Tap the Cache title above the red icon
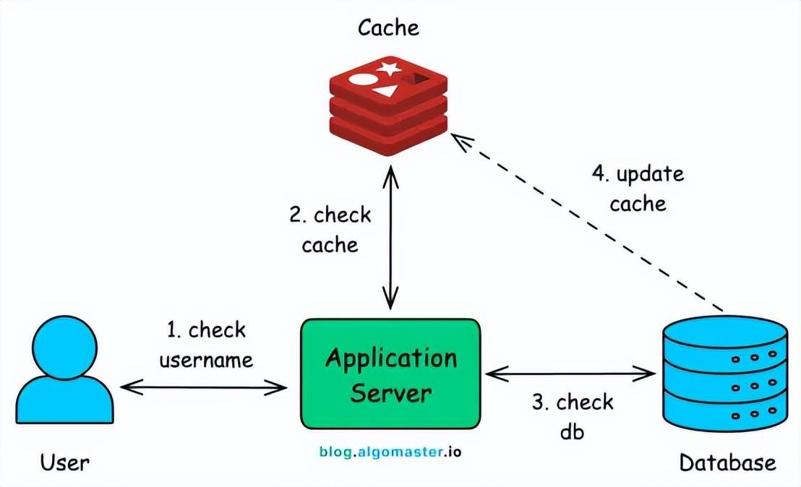(388, 28)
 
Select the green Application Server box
(390, 374)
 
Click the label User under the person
(65, 462)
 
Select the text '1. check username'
(206, 345)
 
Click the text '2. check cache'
(330, 230)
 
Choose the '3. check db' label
(573, 416)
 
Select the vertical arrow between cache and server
(390, 235)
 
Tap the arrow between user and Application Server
(204, 388)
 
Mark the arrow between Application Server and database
(571, 374)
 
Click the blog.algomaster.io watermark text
(390, 452)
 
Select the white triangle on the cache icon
(386, 91)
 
